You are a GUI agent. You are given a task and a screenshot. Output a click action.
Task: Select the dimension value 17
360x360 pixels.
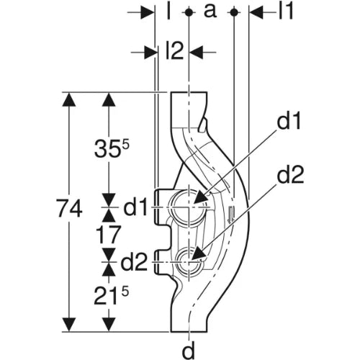point(108,235)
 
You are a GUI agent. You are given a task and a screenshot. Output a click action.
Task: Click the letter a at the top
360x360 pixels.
point(210,12)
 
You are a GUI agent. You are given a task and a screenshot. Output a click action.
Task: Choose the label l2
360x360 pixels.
point(174,51)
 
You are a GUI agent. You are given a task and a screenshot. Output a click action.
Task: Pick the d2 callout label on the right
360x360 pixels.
point(290,174)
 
